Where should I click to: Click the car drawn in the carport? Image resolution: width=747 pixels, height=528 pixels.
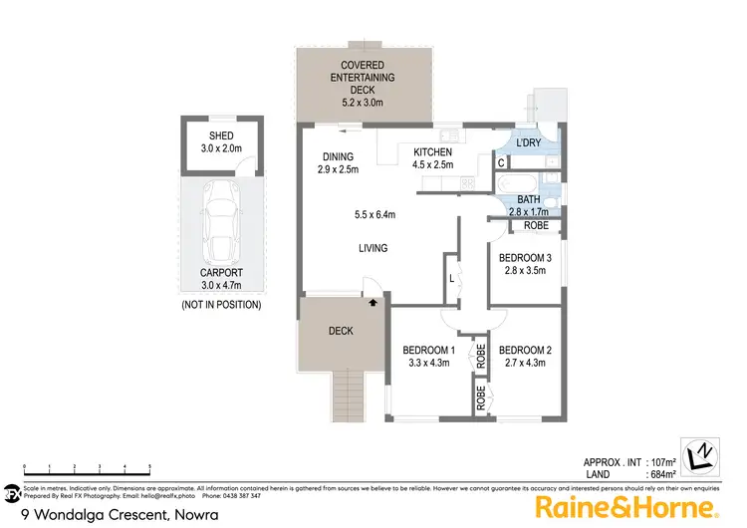coord(220,222)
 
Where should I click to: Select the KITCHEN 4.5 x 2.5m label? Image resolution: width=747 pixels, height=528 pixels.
coord(433,157)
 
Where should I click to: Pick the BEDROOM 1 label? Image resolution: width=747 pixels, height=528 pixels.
coord(428,357)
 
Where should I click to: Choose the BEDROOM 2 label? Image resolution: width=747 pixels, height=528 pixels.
coord(524,357)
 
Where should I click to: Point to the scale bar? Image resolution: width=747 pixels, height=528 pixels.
coord(87,469)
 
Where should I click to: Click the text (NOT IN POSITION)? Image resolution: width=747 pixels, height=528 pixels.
coord(220,305)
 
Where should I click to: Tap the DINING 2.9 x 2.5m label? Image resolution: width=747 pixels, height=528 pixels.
coord(333,162)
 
